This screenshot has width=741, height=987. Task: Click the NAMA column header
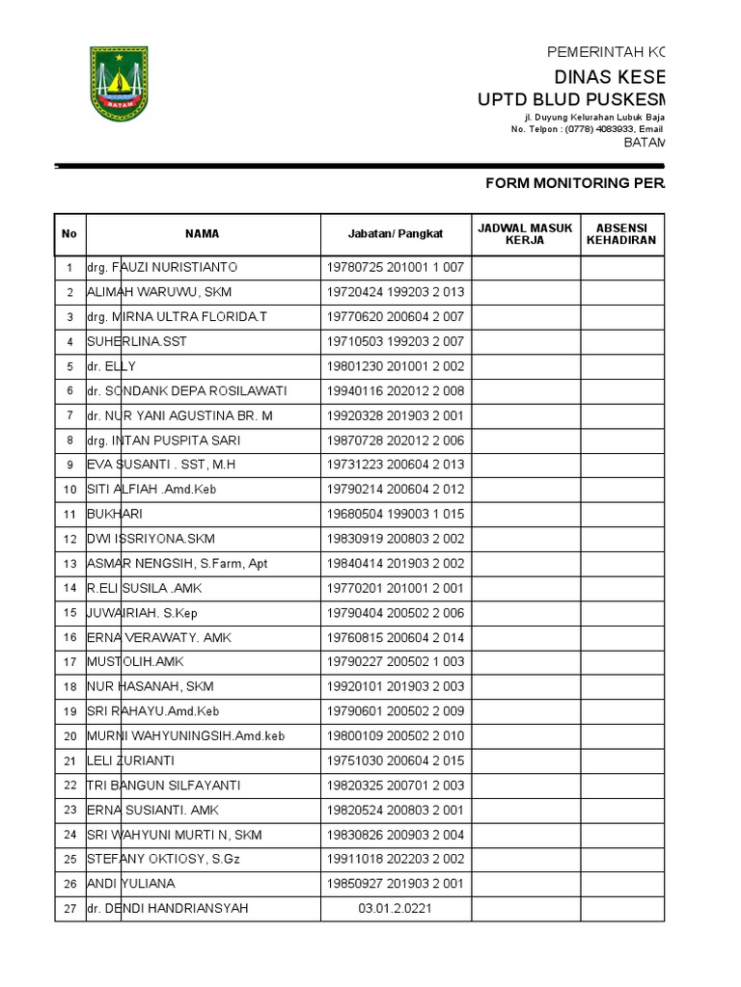[x=203, y=233]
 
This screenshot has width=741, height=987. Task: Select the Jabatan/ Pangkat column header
[x=395, y=233]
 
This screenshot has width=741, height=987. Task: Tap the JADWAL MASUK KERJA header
[x=525, y=233]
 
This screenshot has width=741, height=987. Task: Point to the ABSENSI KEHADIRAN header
[x=621, y=233]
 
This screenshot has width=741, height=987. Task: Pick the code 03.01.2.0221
[x=395, y=908]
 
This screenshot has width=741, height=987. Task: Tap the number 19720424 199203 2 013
[x=395, y=292]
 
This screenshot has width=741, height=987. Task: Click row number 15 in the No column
[x=69, y=613]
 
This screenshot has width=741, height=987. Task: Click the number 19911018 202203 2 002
[x=395, y=859]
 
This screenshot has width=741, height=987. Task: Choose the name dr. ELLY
[x=112, y=366]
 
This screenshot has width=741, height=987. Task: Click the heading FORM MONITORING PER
[x=573, y=183]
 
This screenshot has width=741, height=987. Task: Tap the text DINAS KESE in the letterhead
[x=608, y=77]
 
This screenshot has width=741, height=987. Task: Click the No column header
[x=69, y=233]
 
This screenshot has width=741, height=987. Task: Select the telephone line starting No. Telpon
[x=587, y=129]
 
